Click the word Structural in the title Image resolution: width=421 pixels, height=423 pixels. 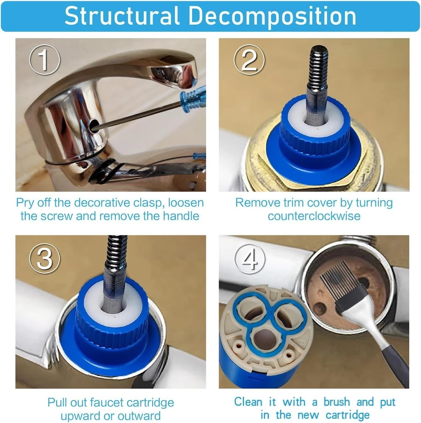coord(122,16)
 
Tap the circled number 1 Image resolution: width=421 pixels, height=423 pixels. coord(45,60)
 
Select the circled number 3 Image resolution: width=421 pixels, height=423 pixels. coord(45,258)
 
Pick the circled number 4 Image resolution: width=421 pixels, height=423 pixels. coord(249,259)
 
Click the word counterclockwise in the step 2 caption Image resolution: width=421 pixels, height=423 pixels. coord(314,216)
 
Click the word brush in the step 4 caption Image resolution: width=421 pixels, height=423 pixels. coord(337,402)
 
